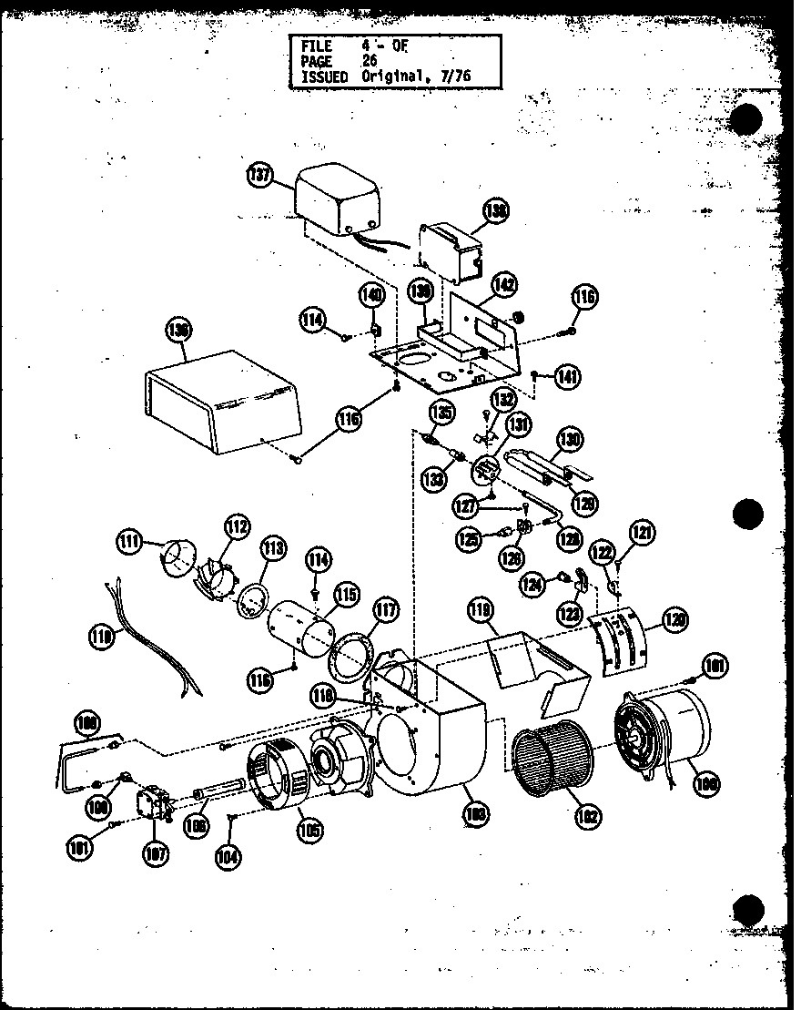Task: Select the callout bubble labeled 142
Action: coord(503,285)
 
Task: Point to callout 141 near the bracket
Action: coord(570,375)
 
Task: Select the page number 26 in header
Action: coord(368,61)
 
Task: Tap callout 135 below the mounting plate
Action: coord(442,412)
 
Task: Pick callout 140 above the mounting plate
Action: coord(371,295)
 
